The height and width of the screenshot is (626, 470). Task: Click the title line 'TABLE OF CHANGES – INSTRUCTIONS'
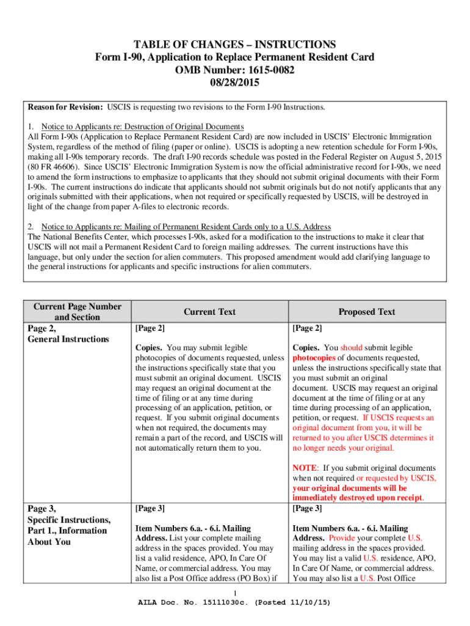(235, 45)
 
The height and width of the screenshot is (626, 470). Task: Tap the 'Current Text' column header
(209, 312)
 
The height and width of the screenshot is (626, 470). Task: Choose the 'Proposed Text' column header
(367, 312)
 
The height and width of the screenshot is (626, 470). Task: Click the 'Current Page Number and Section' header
(77, 312)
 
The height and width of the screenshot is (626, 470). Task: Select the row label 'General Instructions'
(68, 339)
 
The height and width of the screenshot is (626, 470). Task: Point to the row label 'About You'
(49, 542)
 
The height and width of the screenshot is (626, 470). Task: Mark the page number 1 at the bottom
(236, 594)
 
